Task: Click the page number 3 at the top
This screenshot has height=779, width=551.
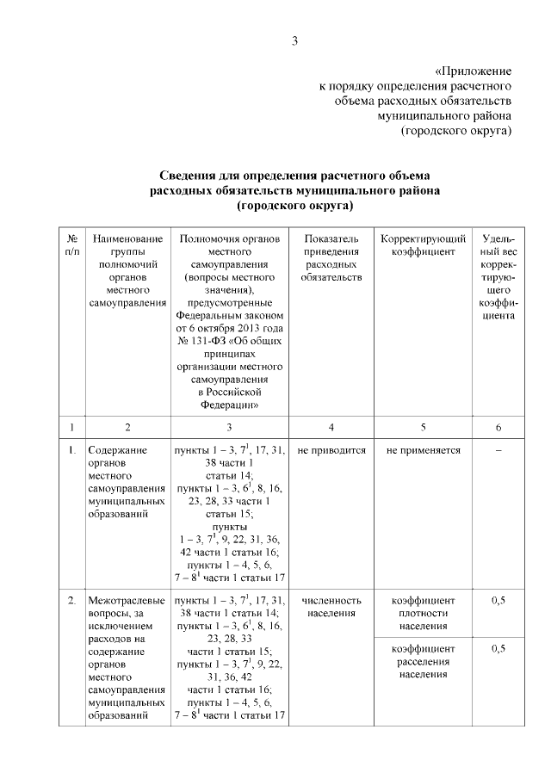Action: click(294, 40)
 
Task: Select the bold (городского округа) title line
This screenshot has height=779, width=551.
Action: click(295, 207)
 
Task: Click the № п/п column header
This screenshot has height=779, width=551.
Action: click(71, 244)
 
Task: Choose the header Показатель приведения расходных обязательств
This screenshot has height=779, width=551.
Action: click(331, 257)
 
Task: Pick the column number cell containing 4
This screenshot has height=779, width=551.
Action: click(331, 427)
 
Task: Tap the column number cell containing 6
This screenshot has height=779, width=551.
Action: click(498, 427)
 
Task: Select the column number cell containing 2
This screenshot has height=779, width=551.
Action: click(127, 427)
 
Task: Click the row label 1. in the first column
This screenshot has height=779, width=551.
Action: click(71, 450)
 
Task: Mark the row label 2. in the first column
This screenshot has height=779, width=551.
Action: click(71, 600)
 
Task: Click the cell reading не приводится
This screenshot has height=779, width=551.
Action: click(331, 450)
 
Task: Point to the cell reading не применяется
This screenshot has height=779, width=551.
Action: click(423, 450)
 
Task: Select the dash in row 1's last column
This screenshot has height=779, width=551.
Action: click(498, 450)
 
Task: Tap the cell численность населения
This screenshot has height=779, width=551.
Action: click(331, 607)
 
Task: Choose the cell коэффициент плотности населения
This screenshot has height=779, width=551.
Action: click(423, 613)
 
